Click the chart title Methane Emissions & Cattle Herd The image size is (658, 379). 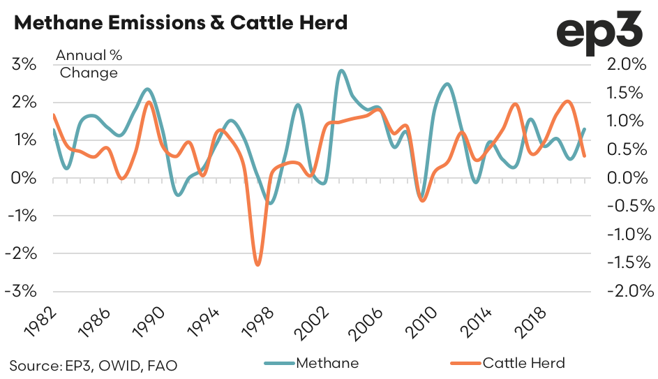tap(180, 23)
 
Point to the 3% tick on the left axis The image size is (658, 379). tap(24, 65)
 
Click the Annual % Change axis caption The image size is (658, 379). tap(89, 64)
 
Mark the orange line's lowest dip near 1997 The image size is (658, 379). tap(257, 265)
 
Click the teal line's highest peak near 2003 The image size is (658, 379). tap(341, 70)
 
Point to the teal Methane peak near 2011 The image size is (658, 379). tap(447, 84)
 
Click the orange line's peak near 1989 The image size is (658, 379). tap(149, 103)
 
